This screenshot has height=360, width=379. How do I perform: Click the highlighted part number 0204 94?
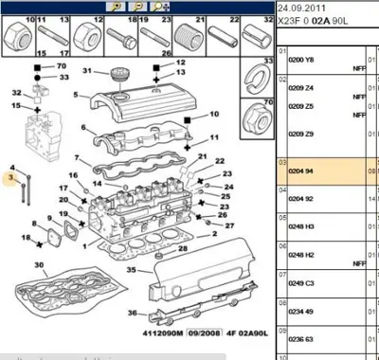(x=301, y=173)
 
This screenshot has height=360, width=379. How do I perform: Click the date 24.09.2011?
(x=300, y=9)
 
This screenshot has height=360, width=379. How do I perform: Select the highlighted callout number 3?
(x=12, y=177)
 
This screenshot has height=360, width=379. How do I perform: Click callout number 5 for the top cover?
(x=84, y=96)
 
